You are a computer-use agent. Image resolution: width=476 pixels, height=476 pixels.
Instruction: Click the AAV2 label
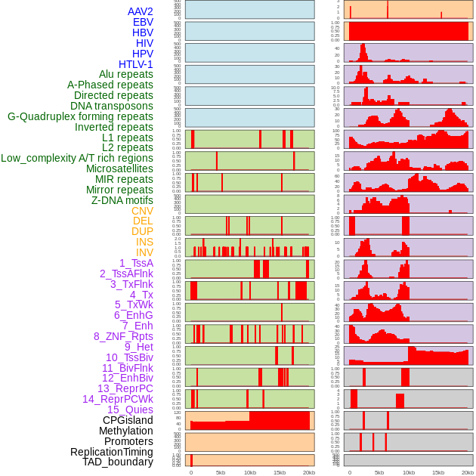pyautogui.click(x=141, y=11)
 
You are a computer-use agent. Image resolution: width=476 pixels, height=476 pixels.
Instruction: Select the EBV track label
pyautogui.click(x=143, y=22)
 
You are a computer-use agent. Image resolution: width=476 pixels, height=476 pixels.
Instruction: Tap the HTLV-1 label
pyautogui.click(x=136, y=64)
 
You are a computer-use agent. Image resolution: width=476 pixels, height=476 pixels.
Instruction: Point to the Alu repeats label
pyautogui.click(x=126, y=74)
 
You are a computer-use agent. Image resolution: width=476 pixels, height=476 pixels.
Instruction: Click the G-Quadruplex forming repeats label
pyautogui.click(x=80, y=116)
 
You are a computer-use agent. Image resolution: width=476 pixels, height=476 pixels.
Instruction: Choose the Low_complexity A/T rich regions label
pyautogui.click(x=77, y=158)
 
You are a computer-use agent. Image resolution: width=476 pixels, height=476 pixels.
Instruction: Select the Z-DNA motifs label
pyautogui.click(x=122, y=200)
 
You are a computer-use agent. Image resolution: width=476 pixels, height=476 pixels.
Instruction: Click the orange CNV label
pyautogui.click(x=142, y=211)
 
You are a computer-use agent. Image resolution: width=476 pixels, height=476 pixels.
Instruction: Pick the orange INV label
pyautogui.click(x=144, y=252)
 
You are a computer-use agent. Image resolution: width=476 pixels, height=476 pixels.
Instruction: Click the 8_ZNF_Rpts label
pyautogui.click(x=123, y=336)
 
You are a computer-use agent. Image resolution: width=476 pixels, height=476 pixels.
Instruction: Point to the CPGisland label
pyautogui.click(x=128, y=420)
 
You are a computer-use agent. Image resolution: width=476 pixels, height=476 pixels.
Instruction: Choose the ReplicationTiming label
pyautogui.click(x=112, y=452)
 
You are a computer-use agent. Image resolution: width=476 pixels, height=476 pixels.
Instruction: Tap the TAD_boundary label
pyautogui.click(x=118, y=462)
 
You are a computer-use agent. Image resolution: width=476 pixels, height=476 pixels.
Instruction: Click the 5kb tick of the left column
pyautogui.click(x=221, y=472)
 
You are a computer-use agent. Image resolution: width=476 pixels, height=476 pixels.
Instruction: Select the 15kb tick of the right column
pyautogui.click(x=438, y=472)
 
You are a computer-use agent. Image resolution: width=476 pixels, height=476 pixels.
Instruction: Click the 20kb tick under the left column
pyautogui.click(x=308, y=472)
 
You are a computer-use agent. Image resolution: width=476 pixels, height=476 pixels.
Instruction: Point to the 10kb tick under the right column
pyautogui.click(x=409, y=472)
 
